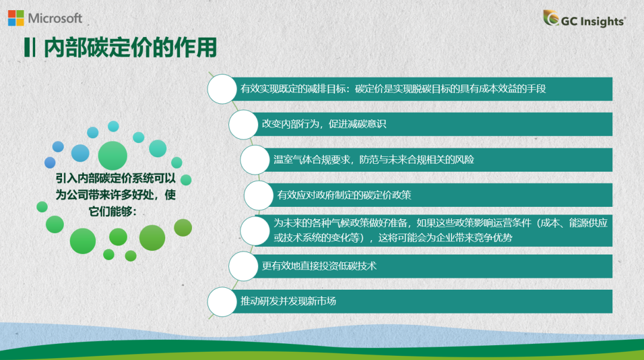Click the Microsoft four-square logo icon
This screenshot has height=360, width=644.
pyautogui.click(x=16, y=18)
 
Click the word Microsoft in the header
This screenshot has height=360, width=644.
pyautogui.click(x=55, y=18)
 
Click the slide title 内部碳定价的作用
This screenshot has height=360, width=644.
pyautogui.click(x=130, y=47)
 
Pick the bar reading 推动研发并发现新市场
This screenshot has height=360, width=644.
pyautogui.click(x=417, y=301)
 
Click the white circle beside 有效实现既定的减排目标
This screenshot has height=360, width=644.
pyautogui.click(x=222, y=89)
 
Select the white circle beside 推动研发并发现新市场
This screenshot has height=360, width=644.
pyautogui.click(x=222, y=301)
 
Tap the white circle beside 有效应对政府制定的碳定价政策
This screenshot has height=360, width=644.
pyautogui.click(x=259, y=195)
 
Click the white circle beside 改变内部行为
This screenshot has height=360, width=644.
pyautogui.click(x=244, y=124)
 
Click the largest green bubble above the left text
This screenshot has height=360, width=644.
pyautogui.click(x=113, y=155)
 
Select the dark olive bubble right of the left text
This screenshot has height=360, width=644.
pyautogui.click(x=183, y=227)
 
